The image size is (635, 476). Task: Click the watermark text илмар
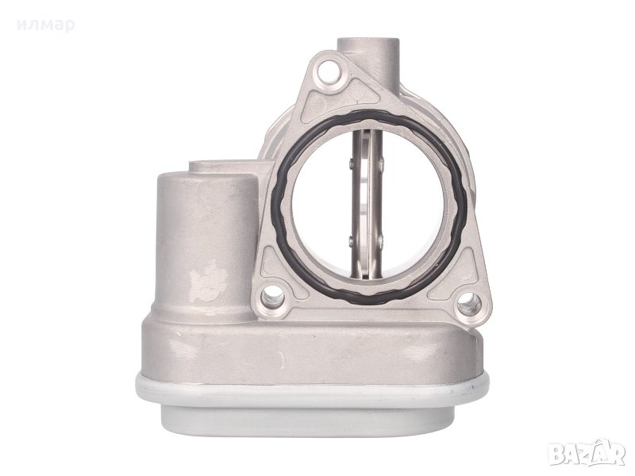tap(46, 25)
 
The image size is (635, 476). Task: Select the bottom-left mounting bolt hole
tap(273, 297)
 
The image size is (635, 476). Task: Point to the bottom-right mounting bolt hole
tap(470, 304)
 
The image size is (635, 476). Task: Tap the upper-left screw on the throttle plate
tap(351, 163)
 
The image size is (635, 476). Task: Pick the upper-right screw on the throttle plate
tap(381, 163)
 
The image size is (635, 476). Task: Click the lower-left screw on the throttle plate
tap(351, 242)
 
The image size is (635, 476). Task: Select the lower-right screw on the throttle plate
tap(381, 241)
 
